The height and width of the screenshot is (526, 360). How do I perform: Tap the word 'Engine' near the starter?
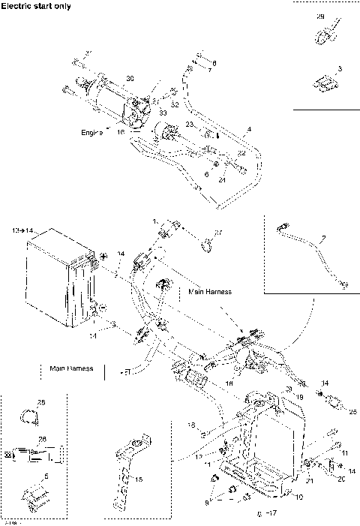tap(91, 132)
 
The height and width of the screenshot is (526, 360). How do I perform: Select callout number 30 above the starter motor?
tap(130, 79)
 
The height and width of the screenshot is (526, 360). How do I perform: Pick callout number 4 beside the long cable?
tap(249, 130)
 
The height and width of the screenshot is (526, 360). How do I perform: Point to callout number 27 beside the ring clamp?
tap(219, 232)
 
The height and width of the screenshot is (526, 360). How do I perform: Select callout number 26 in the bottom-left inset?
tap(41, 440)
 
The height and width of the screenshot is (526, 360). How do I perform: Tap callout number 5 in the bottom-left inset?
tap(45, 476)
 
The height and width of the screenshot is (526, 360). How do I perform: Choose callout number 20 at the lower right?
tap(340, 477)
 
